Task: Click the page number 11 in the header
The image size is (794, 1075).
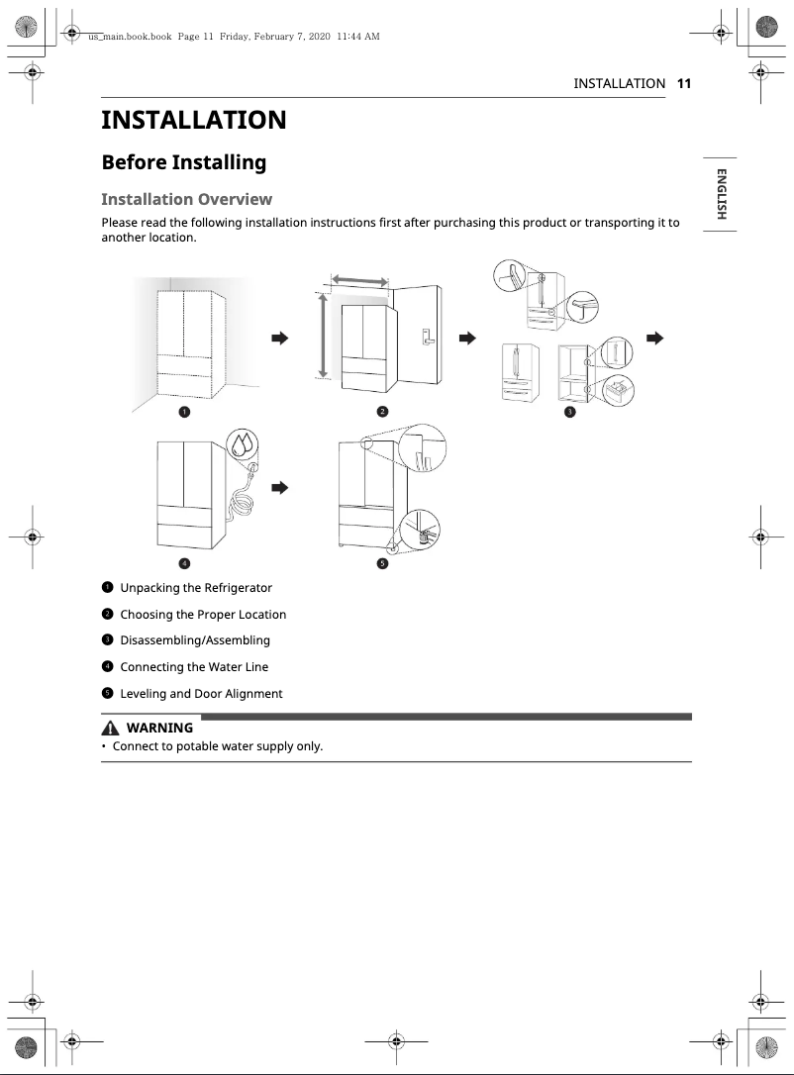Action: click(x=683, y=84)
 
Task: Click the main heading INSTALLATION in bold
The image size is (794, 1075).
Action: click(x=194, y=121)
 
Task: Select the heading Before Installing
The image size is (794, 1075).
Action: click(x=184, y=162)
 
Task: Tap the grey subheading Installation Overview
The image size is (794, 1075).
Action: click(x=186, y=199)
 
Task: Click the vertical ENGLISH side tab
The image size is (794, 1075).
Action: click(x=721, y=194)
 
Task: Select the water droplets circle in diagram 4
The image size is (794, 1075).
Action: click(x=243, y=445)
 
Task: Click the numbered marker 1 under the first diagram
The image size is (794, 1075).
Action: click(x=184, y=411)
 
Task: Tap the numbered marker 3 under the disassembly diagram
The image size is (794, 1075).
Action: click(x=569, y=411)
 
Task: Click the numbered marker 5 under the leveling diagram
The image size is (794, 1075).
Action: click(x=382, y=563)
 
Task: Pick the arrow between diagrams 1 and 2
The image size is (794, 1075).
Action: click(x=279, y=339)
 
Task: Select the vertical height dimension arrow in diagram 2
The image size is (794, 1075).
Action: click(x=322, y=335)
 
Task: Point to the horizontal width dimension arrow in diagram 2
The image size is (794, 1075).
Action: click(x=358, y=281)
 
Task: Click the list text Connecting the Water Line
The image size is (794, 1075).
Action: click(x=194, y=667)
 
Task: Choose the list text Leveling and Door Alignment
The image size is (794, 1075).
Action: click(x=201, y=694)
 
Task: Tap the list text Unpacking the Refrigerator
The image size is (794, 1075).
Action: click(x=196, y=588)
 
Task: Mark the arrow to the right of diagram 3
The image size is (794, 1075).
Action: click(x=653, y=339)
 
